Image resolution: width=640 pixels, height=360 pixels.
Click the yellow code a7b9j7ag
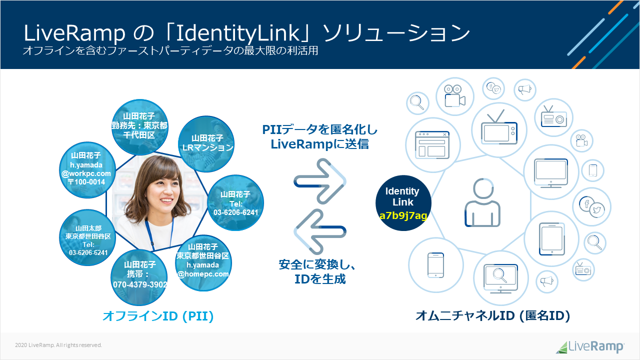[403, 216]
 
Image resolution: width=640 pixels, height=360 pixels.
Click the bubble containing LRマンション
[207, 143]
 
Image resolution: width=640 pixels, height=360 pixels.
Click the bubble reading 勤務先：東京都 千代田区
[139, 125]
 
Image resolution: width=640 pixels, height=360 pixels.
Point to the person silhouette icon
[479, 203]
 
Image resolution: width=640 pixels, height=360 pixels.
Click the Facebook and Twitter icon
[592, 206]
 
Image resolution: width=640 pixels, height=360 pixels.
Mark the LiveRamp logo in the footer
[590, 346]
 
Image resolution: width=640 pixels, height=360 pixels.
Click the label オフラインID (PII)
[158, 316]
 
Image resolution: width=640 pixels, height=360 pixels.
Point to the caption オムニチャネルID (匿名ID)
[493, 316]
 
